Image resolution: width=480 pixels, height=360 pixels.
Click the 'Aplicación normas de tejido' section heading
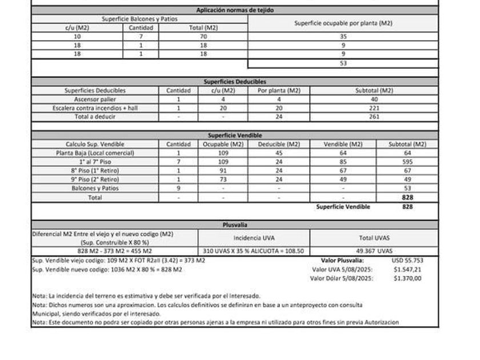(235, 10)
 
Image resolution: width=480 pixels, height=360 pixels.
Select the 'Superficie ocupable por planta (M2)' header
(343, 23)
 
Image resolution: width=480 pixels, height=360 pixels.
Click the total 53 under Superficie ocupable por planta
(343, 63)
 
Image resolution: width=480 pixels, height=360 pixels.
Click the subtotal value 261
(374, 117)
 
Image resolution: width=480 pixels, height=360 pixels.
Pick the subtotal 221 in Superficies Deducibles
(374, 107)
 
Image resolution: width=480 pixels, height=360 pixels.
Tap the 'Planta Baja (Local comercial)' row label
(95, 153)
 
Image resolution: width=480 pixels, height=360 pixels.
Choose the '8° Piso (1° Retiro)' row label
(95, 170)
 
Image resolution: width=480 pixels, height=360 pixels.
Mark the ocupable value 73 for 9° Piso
(223, 179)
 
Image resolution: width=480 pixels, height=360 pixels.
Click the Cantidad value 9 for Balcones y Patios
(178, 188)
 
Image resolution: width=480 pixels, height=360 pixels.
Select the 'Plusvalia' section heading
(235, 225)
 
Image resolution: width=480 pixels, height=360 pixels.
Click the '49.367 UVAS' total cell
(374, 251)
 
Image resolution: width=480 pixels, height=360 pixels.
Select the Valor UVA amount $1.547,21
(407, 269)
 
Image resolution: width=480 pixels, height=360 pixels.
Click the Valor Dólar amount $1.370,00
(407, 278)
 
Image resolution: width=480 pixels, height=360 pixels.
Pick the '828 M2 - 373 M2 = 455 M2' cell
(115, 251)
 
